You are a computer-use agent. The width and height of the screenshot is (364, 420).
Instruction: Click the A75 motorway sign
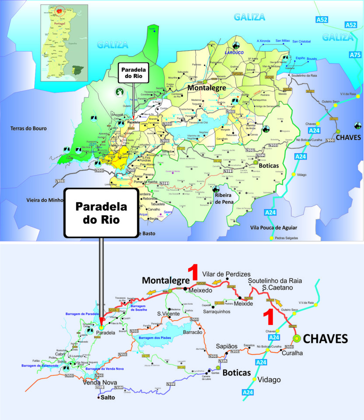pos(355,55)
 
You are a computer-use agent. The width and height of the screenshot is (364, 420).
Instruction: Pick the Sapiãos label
pos(227,346)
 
